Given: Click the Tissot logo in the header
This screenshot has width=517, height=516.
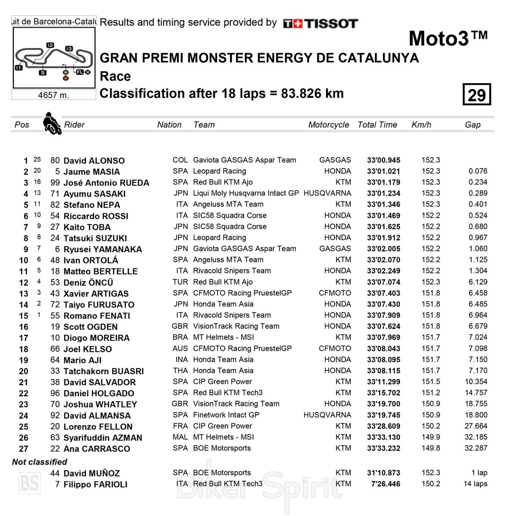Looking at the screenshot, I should (321, 23).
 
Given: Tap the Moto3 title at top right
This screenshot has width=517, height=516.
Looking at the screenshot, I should (448, 38).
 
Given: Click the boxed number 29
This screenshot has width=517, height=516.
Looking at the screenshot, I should (477, 94).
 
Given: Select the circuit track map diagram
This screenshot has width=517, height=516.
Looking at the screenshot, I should (53, 58).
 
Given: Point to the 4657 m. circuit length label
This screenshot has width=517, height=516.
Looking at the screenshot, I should (53, 95).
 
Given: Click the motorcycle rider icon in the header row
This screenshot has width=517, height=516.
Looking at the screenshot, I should (52, 123).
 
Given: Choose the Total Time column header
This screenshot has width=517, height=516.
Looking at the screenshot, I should (377, 125).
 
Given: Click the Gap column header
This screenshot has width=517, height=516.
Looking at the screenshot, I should (473, 125).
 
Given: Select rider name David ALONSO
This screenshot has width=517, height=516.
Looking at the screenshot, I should (94, 161).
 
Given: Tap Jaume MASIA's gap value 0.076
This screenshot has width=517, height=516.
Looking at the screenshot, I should (478, 171).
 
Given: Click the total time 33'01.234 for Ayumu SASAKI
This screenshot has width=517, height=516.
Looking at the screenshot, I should (383, 194).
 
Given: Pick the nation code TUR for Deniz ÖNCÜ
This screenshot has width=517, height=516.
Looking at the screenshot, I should (180, 282).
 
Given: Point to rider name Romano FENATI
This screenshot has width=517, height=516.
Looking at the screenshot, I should (97, 316).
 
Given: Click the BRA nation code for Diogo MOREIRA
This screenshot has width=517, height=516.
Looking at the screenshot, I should (180, 337).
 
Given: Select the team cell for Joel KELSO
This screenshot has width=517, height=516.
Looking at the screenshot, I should (242, 348).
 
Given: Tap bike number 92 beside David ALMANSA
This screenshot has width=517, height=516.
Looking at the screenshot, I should (55, 416).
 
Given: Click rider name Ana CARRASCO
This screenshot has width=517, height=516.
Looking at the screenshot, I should (97, 449).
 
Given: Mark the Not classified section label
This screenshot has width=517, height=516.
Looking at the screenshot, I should (40, 462).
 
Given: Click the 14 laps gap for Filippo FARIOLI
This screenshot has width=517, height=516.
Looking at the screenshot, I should (475, 484).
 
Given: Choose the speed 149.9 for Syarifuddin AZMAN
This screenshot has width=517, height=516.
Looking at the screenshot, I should (431, 437).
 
